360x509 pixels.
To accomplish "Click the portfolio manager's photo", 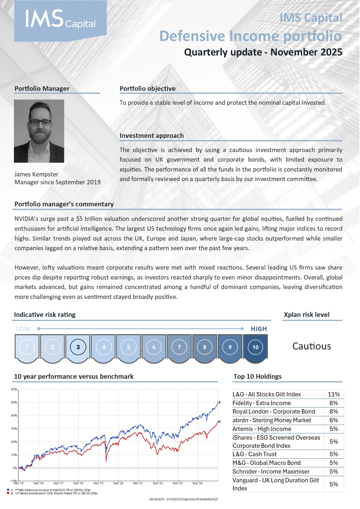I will [x=39, y=131].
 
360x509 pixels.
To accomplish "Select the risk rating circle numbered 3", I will [x=78, y=347].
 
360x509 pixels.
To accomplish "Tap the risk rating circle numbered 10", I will [x=255, y=347].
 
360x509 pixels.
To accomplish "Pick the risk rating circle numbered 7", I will [x=179, y=347].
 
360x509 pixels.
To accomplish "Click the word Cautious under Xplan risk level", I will [x=312, y=346].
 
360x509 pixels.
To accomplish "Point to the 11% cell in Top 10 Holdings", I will [x=334, y=394].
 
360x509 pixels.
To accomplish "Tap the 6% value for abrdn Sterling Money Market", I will [x=334, y=420].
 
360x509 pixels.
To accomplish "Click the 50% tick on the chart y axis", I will [x=14, y=402].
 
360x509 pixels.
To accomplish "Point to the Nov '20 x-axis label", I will [x=118, y=483].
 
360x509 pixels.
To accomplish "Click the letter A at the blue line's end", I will [x=219, y=402].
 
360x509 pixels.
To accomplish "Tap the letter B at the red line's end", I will [x=219, y=422].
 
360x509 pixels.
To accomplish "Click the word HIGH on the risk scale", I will [x=259, y=329].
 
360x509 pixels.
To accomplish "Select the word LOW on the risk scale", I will [x=23, y=329].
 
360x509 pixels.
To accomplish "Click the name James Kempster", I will [x=36, y=174].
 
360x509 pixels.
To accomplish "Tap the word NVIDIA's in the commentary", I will [x=26, y=219].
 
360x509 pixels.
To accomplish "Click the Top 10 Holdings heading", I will [x=258, y=376].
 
